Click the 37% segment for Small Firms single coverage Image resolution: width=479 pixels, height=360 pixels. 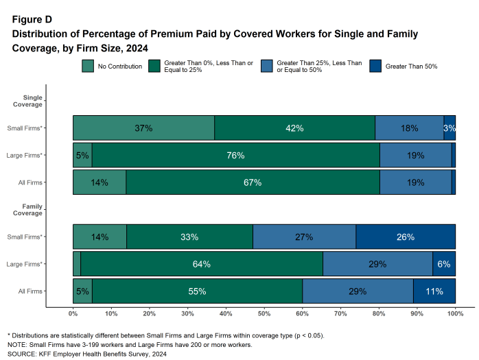143,128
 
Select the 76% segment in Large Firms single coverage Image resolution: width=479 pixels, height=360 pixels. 235,156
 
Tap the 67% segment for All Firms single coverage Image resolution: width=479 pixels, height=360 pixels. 252,183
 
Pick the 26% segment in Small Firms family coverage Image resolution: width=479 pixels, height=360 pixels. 406,237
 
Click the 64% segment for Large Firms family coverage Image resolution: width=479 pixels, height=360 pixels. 201,264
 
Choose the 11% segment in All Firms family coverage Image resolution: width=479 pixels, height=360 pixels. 434,291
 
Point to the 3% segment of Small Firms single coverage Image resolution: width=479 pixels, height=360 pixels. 449,128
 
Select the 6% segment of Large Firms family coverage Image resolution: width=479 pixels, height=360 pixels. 444,264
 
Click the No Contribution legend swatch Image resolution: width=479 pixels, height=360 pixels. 88,67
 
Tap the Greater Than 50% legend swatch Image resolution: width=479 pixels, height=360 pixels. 375,67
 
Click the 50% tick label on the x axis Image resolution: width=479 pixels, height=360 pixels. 264,313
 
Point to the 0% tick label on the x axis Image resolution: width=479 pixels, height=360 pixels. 73,313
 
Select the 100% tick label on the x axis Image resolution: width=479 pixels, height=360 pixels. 455,313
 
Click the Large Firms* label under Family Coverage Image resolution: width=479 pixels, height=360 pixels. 25,264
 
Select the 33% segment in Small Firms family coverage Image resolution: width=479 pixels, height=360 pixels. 189,237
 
